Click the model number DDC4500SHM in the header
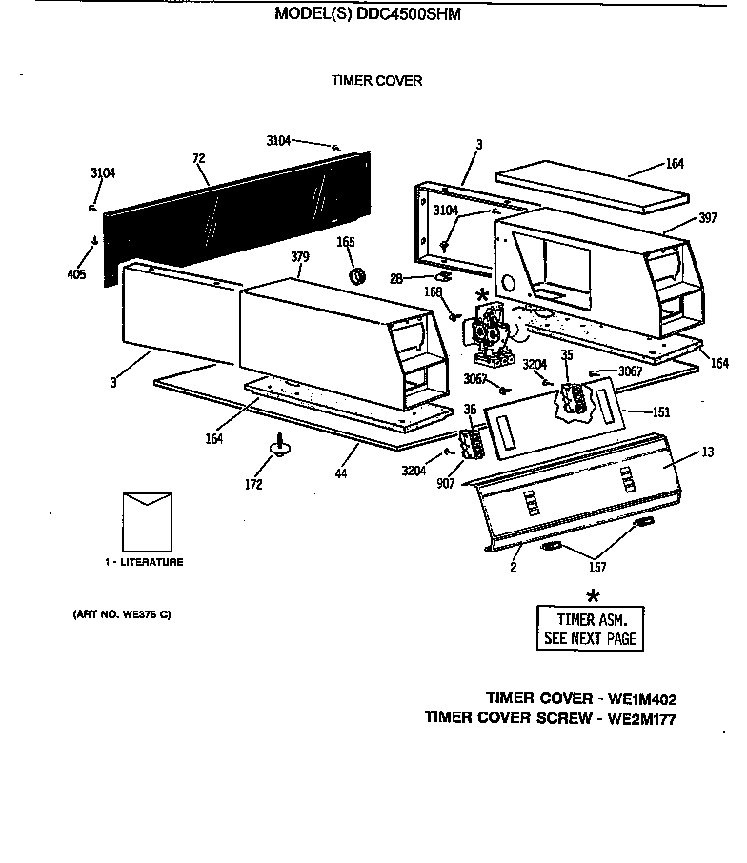pos(407,14)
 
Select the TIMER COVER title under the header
pos(376,81)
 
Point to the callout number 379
pos(300,256)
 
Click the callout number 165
pos(346,243)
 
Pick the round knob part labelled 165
pos(359,276)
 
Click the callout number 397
pos(706,219)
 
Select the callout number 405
pos(76,275)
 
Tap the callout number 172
pos(253,485)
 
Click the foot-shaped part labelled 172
pos(280,446)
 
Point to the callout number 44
pos(340,473)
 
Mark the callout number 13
pos(706,452)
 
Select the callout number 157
pos(597,569)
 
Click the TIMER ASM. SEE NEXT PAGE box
pos(591,629)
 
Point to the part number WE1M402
pos(637,698)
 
